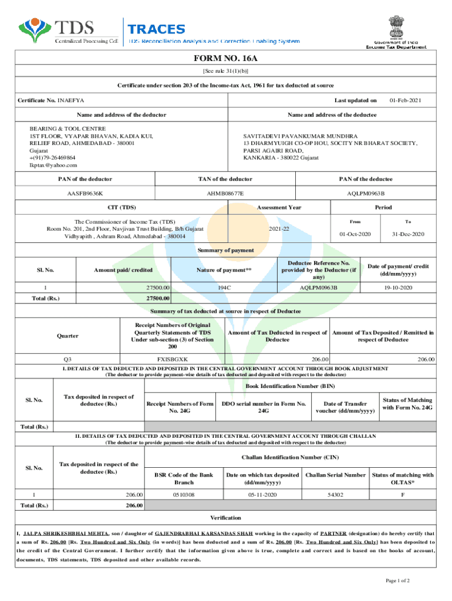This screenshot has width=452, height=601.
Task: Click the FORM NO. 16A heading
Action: click(x=225, y=59)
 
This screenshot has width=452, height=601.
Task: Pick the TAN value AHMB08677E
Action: click(x=225, y=193)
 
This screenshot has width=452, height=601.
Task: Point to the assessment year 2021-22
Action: click(x=279, y=228)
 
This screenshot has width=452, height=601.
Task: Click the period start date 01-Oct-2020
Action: click(x=355, y=234)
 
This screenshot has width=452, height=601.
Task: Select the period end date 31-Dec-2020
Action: click(x=408, y=234)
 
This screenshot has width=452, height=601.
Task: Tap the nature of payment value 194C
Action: click(x=224, y=288)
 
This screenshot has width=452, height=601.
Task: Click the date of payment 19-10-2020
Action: click(x=399, y=288)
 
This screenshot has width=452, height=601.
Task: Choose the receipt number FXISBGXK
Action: click(x=173, y=359)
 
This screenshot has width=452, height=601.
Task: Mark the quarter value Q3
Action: click(x=68, y=359)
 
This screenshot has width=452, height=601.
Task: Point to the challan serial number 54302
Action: click(x=335, y=494)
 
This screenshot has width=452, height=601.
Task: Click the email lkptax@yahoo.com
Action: click(x=53, y=165)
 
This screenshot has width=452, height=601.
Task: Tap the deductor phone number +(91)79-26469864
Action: click(x=52, y=157)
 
